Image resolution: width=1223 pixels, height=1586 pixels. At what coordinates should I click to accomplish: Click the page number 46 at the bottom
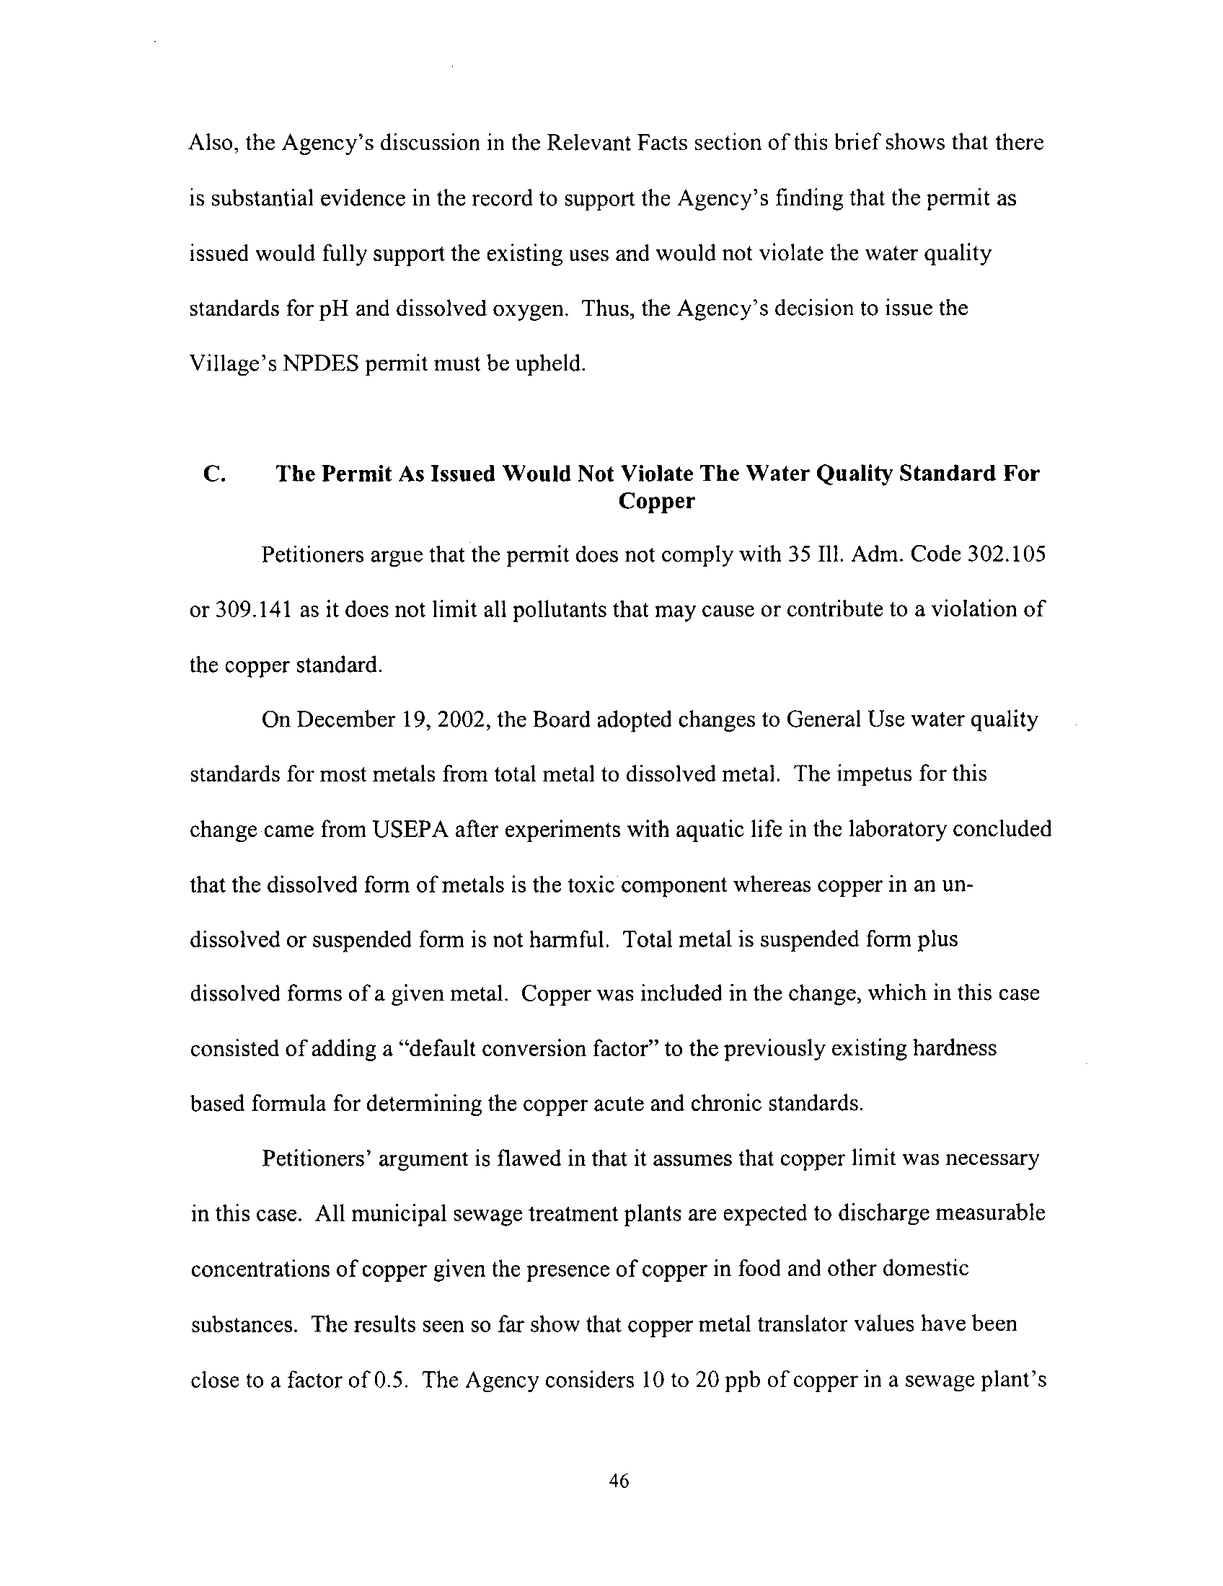pos(619,1481)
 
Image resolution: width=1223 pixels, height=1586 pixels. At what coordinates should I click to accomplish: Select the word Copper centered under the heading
pos(656,502)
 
